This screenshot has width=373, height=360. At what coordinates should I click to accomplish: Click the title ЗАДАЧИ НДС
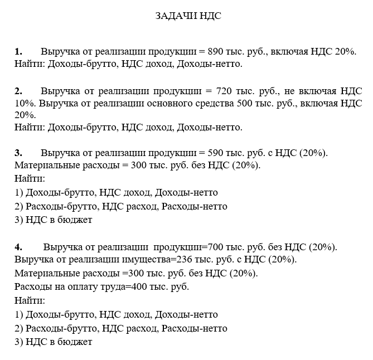[188, 16]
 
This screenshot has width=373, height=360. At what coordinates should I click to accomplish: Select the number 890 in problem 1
[215, 51]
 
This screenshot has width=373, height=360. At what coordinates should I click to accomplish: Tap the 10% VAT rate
[25, 103]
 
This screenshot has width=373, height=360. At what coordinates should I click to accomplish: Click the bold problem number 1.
[18, 51]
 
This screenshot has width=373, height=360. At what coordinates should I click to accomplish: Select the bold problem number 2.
[18, 91]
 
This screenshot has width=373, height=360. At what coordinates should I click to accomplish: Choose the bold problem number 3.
[18, 153]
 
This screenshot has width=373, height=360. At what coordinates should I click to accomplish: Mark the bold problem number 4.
[18, 247]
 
